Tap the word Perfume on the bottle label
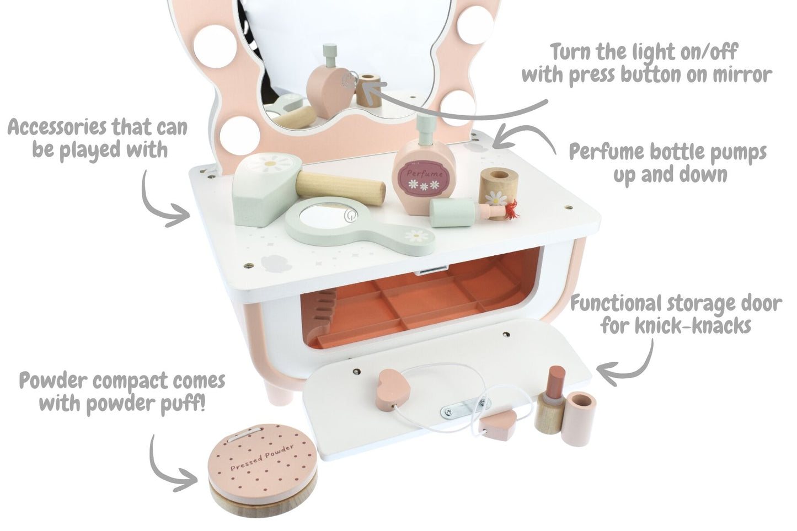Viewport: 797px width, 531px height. point(424,173)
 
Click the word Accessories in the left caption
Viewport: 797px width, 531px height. point(61,128)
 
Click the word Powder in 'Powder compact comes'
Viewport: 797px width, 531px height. point(55,382)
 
